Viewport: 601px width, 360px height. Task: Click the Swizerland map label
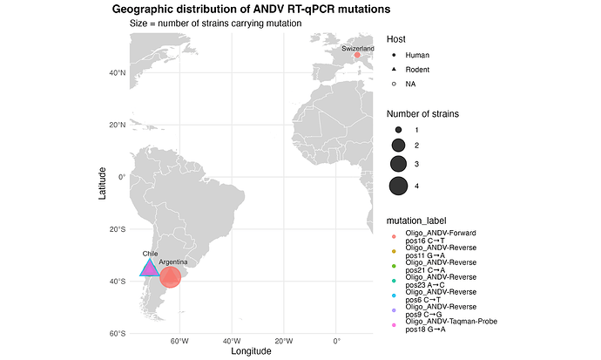click(x=358, y=49)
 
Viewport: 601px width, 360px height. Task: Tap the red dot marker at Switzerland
click(x=357, y=55)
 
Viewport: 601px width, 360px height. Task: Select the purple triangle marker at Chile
click(x=150, y=268)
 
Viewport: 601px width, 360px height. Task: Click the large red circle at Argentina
click(x=170, y=277)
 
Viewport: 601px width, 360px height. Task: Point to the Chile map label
click(x=150, y=254)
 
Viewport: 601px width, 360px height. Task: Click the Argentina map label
click(x=173, y=262)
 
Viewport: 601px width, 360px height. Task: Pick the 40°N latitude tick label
click(x=118, y=73)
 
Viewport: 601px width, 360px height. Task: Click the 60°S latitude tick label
click(x=118, y=334)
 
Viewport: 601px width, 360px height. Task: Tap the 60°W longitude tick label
click(x=179, y=341)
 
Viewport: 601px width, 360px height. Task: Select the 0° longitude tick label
click(x=336, y=341)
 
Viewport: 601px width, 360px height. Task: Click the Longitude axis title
click(x=251, y=351)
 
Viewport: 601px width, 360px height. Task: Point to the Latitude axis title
click(x=102, y=183)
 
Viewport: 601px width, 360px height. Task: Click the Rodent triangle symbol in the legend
click(x=394, y=70)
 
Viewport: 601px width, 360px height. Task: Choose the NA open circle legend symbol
click(x=394, y=84)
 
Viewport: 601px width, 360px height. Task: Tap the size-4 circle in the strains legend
click(x=398, y=187)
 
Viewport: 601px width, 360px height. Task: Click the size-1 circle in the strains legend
click(x=399, y=130)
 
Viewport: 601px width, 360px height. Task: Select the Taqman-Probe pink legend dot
click(x=394, y=325)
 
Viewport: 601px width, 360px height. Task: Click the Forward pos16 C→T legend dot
click(x=394, y=236)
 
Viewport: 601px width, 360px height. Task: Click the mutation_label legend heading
click(x=416, y=221)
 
